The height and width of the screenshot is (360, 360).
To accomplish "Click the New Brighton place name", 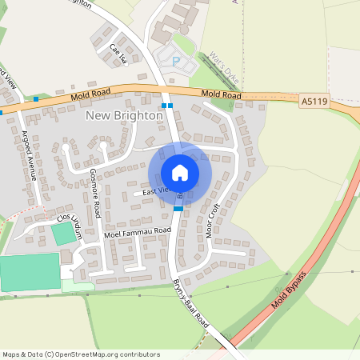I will (x=124, y=115).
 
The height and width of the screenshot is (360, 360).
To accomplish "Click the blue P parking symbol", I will (x=176, y=60).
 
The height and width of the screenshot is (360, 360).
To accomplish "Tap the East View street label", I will (x=156, y=190).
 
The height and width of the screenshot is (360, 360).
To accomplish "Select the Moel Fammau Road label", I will (x=138, y=231).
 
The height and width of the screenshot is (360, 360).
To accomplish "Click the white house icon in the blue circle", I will (x=180, y=173).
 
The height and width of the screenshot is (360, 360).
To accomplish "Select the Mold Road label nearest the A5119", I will (x=221, y=94).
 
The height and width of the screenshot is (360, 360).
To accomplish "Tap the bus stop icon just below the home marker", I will (x=178, y=208).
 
